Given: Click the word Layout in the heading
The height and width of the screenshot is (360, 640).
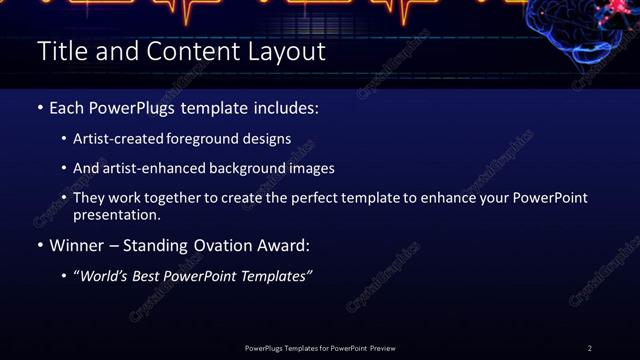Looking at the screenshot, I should point(287,51).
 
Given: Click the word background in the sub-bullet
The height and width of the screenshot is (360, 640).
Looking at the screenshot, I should point(258,168).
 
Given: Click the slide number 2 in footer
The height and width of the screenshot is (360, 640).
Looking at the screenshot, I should point(589,348).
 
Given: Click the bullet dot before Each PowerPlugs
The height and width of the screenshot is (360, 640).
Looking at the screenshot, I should point(40,107).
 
